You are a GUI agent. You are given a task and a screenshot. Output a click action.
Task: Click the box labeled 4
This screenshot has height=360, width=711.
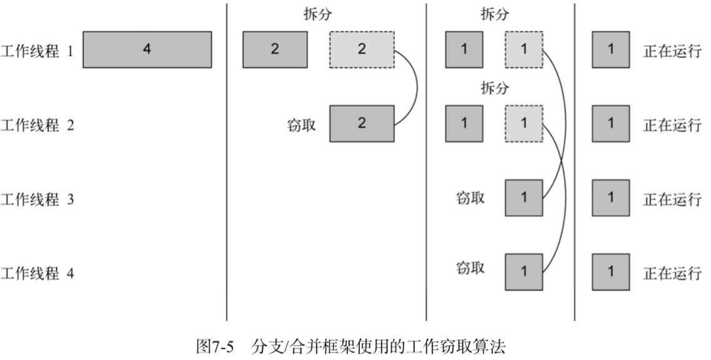tap(147, 49)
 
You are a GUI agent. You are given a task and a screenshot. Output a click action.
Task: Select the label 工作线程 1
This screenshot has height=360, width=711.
tap(37, 50)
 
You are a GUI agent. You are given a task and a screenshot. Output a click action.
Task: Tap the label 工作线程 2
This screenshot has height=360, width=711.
tap(37, 124)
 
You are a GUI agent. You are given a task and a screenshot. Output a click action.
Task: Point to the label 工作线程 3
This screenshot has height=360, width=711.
tap(37, 199)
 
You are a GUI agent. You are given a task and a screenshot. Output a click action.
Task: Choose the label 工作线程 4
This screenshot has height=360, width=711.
tap(37, 273)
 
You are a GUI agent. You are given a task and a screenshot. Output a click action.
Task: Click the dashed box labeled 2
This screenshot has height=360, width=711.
tap(362, 49)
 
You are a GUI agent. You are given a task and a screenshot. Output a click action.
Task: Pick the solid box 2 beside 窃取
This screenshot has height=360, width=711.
tap(362, 124)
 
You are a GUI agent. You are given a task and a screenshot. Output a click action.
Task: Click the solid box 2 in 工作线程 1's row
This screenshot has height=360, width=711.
tap(275, 49)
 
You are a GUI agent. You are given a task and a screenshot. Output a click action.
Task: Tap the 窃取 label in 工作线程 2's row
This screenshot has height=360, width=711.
tap(301, 124)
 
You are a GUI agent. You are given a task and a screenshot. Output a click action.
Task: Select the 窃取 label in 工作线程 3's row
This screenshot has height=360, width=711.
tap(471, 198)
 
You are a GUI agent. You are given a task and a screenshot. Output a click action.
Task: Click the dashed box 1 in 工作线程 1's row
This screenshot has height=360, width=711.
tap(524, 49)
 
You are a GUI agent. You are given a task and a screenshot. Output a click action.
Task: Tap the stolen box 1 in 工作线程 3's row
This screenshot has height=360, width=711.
tap(524, 198)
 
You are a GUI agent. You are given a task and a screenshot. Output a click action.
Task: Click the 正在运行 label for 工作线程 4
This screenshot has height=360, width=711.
tap(672, 273)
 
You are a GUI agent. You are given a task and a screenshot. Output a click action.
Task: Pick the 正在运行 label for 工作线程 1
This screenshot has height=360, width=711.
tap(672, 50)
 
